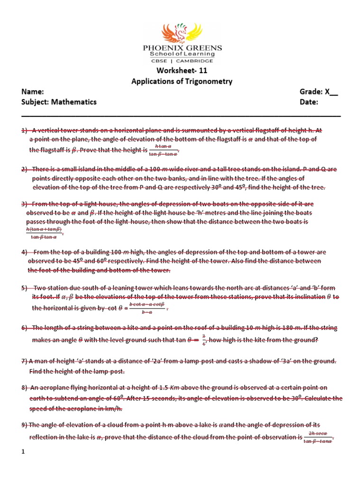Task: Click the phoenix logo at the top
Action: click(x=182, y=29)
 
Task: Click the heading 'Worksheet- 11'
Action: click(x=182, y=71)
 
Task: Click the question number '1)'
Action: click(x=25, y=130)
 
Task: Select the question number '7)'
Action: click(x=25, y=361)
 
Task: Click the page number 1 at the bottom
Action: click(x=23, y=453)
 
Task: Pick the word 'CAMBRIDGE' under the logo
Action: click(x=197, y=61)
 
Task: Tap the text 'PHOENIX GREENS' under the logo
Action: click(x=182, y=48)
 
